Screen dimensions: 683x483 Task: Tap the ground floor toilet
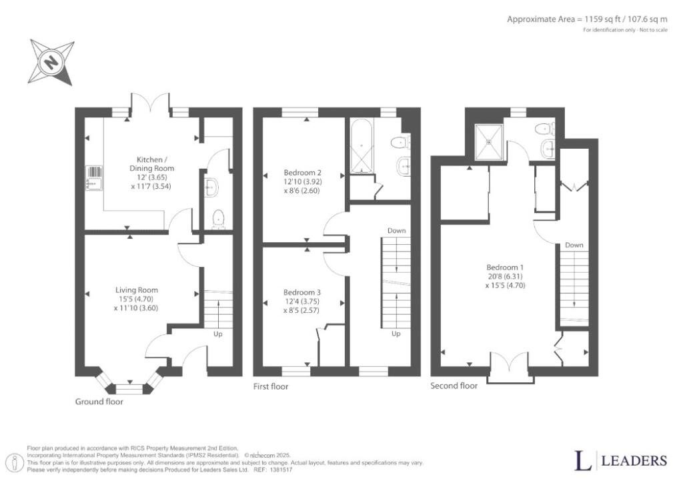pos(217,219)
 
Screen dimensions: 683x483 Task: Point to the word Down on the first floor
pos(396,231)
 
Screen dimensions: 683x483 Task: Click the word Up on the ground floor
pos(218,334)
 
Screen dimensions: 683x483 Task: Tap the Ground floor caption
pos(99,402)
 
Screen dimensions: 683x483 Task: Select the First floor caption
pos(271,386)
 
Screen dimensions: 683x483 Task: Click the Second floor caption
pos(454,386)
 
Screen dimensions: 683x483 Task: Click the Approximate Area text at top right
pos(587,19)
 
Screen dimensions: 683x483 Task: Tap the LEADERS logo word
pos(634,461)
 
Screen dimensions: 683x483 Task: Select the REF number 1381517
pos(281,470)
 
